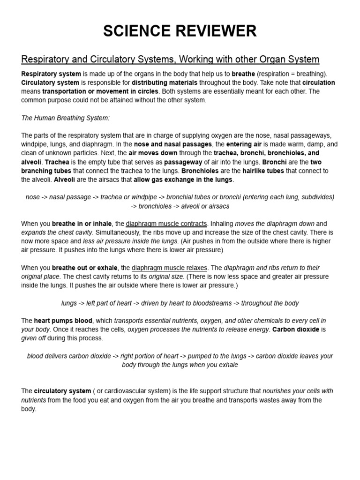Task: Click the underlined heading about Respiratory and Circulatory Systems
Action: coord(170,60)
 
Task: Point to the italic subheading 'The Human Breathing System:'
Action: coord(65,118)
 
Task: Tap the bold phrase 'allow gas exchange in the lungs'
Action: coord(183,180)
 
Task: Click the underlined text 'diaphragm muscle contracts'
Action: coord(166,224)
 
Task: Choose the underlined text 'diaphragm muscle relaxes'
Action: coord(169,268)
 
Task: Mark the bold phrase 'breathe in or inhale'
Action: coord(82,224)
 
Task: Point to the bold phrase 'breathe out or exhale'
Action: coord(85,268)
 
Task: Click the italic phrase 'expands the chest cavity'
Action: coord(57,232)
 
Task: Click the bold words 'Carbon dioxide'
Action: coord(296,330)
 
